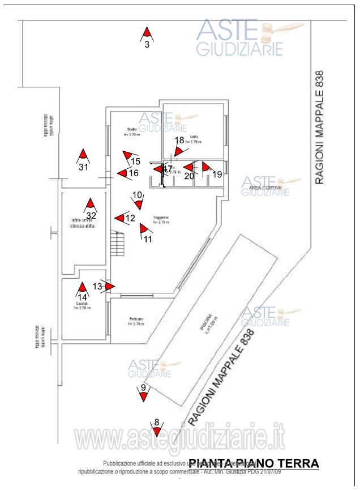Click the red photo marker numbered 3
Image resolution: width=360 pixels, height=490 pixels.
click(147, 33)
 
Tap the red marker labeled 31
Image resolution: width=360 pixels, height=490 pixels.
click(83, 155)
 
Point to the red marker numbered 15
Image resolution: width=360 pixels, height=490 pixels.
click(128, 155)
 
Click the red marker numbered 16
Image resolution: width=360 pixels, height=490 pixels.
click(122, 173)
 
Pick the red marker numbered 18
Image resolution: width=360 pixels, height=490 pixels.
click(179, 151)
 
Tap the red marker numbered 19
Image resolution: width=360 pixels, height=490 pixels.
click(206, 167)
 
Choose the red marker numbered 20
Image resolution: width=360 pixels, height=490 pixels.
click(188, 167)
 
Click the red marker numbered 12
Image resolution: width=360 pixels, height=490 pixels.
click(119, 218)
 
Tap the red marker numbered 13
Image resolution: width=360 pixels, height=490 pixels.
click(109, 287)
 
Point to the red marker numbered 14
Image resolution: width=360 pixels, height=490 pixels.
click(83, 288)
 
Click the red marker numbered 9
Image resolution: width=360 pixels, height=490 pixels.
click(144, 397)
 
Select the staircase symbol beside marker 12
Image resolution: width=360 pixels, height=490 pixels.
click(117, 244)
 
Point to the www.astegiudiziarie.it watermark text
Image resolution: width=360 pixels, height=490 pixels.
click(180, 440)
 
